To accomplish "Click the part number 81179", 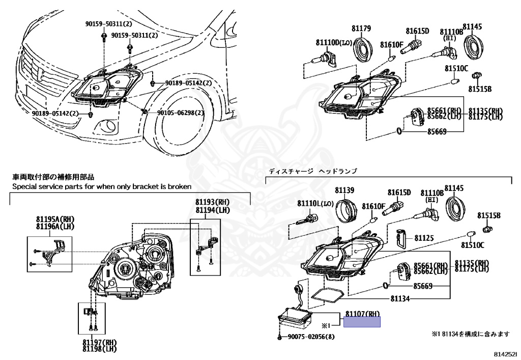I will pos(361,29).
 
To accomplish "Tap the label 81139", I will pos(344,191).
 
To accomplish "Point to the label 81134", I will pos(400,298).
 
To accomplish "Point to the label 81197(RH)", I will pos(99,342).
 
